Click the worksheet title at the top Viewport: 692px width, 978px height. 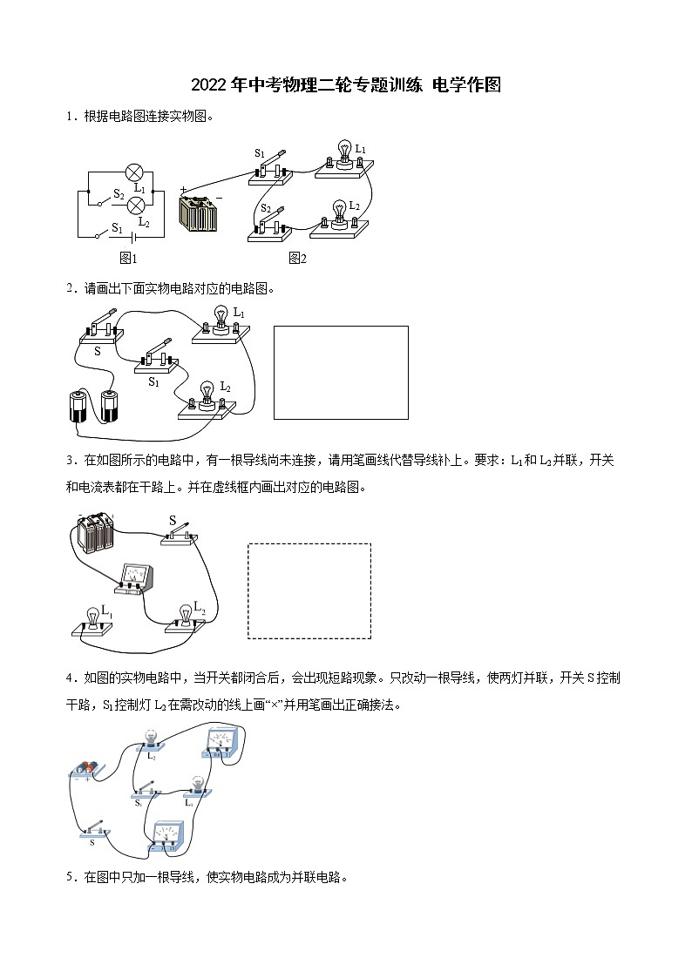(346, 84)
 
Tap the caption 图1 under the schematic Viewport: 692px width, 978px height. (128, 258)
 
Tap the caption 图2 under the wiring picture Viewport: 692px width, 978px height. (297, 258)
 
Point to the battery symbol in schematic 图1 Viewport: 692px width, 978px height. (133, 235)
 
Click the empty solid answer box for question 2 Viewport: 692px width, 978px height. (341, 372)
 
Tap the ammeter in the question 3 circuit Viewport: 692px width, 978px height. (136, 577)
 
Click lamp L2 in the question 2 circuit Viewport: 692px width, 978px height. (207, 396)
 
